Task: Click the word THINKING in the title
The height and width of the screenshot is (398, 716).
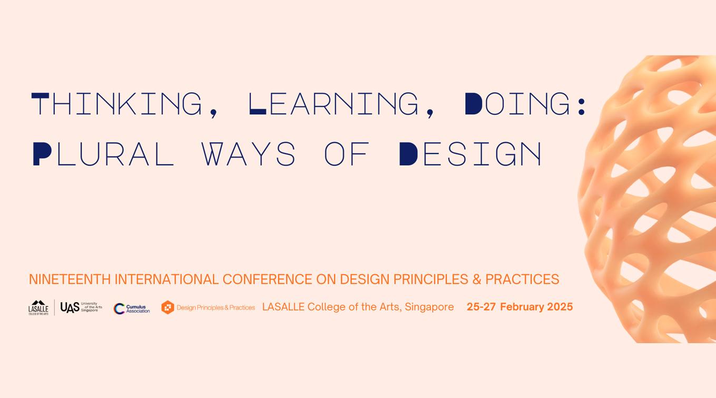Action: coord(117,104)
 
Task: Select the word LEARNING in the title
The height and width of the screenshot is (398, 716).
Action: coord(333,104)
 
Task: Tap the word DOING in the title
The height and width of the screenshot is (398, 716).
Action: coord(518,104)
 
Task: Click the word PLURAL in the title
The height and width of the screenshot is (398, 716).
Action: coord(103,154)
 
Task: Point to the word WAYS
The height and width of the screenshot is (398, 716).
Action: coord(249,154)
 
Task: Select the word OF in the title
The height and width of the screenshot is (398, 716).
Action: coord(347,154)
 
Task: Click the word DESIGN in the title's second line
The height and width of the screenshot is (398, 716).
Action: coord(470,154)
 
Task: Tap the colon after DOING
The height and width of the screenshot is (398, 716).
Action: coord(582,104)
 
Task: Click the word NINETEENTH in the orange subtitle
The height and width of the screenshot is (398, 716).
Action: coord(70,279)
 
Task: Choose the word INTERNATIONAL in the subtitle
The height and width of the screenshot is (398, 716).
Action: coord(166,279)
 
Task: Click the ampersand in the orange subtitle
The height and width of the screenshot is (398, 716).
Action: coord(477,279)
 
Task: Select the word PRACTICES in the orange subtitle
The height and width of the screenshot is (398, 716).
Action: coord(522,279)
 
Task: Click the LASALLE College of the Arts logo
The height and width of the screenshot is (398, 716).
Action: coord(38,307)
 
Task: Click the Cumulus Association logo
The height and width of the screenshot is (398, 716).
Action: coord(132,308)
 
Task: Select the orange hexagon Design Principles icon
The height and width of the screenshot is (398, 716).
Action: coord(168,307)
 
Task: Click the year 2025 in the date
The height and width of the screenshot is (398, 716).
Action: coord(560,307)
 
